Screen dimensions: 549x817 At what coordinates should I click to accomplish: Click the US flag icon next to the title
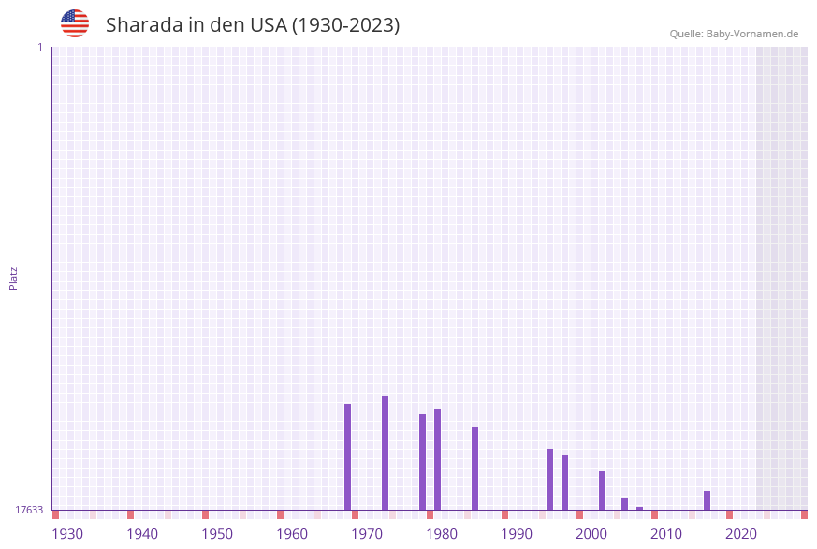pyautogui.click(x=75, y=23)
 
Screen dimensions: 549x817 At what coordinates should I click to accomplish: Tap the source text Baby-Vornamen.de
pyautogui.click(x=751, y=34)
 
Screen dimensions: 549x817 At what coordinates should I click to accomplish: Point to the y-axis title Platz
pyautogui.click(x=14, y=278)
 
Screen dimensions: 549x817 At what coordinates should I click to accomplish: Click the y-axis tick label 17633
pyautogui.click(x=29, y=510)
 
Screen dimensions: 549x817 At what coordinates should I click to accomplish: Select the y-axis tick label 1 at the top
pyautogui.click(x=39, y=47)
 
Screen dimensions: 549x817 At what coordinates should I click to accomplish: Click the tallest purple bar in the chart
pyautogui.click(x=385, y=453)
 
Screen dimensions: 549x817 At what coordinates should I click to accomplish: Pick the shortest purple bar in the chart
pyautogui.click(x=639, y=508)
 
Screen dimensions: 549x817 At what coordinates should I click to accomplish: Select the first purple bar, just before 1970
pyautogui.click(x=347, y=456)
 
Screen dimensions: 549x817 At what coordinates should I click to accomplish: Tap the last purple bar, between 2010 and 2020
pyautogui.click(x=707, y=500)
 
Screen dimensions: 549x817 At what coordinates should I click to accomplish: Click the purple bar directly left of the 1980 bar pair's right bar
pyautogui.click(x=422, y=462)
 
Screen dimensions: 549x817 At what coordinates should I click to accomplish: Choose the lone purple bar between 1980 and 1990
pyautogui.click(x=474, y=469)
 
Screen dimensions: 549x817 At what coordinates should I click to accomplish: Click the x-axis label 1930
pyautogui.click(x=67, y=534)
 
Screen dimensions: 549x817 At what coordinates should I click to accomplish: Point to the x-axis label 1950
pyautogui.click(x=217, y=534)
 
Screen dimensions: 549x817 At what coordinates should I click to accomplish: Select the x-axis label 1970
pyautogui.click(x=367, y=534)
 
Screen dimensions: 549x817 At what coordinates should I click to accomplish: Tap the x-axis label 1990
pyautogui.click(x=517, y=534)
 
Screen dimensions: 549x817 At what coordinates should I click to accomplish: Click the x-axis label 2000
pyautogui.click(x=591, y=534)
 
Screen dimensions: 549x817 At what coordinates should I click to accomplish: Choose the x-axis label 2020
pyautogui.click(x=741, y=534)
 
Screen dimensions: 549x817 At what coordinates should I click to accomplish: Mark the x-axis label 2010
pyautogui.click(x=666, y=534)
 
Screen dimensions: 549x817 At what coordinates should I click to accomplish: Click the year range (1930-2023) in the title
pyautogui.click(x=345, y=25)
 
